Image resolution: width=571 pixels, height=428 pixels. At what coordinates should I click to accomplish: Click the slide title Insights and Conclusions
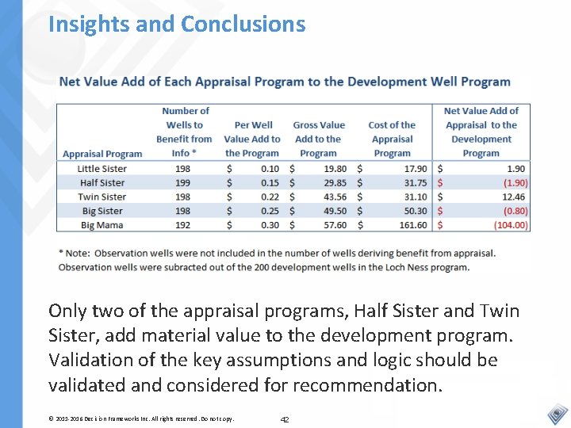pyautogui.click(x=176, y=24)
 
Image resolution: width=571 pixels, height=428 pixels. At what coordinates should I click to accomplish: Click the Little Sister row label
pyautogui.click(x=102, y=169)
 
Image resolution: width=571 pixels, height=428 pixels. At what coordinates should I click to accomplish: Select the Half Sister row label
pyautogui.click(x=102, y=183)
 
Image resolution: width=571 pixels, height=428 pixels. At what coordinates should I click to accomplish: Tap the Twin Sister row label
pyautogui.click(x=102, y=197)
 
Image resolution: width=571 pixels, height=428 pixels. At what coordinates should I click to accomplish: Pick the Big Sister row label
pyautogui.click(x=102, y=212)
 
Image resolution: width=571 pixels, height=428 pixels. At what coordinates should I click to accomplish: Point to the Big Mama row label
pyautogui.click(x=102, y=226)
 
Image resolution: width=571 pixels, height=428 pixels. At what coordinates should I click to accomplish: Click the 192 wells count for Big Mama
pyautogui.click(x=181, y=226)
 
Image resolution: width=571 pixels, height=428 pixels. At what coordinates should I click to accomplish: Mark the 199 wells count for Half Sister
pyautogui.click(x=181, y=183)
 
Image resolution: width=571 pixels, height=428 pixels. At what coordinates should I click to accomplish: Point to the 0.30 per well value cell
pyautogui.click(x=270, y=226)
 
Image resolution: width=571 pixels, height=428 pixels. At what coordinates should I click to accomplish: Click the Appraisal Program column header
pyautogui.click(x=102, y=154)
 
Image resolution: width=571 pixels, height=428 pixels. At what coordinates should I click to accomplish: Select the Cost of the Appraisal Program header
pyautogui.click(x=392, y=139)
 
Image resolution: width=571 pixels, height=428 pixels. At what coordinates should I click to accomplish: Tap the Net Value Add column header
pyautogui.click(x=481, y=132)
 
